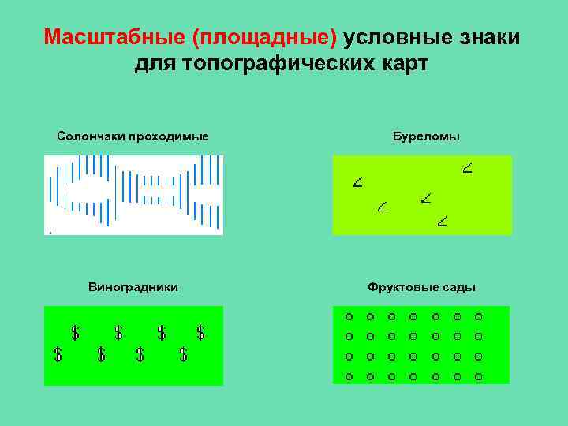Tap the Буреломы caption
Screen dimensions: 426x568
426,136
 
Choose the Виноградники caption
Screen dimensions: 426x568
133,287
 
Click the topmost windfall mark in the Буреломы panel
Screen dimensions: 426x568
467,167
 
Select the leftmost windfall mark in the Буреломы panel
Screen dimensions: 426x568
358,183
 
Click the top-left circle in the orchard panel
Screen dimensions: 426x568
349,317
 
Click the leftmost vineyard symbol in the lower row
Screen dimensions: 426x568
58,354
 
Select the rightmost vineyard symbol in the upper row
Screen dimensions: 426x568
200,332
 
